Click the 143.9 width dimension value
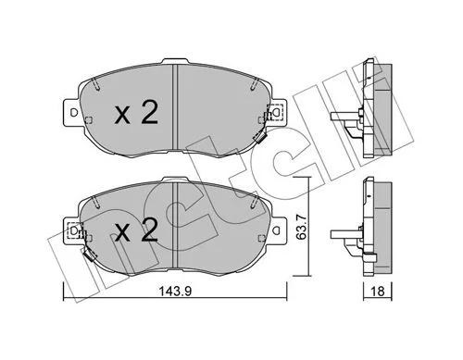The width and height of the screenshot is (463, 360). pos(175,291)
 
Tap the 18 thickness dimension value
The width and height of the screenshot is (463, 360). pos(378,292)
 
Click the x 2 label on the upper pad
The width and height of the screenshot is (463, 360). pos(136,113)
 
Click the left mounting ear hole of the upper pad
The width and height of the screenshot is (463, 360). pos(74,113)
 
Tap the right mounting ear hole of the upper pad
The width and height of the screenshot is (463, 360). pos(277,112)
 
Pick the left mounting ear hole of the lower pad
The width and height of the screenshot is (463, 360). pos(74,230)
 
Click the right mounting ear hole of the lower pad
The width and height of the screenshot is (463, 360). pos(277,230)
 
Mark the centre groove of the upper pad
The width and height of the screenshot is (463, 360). pos(175,107)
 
